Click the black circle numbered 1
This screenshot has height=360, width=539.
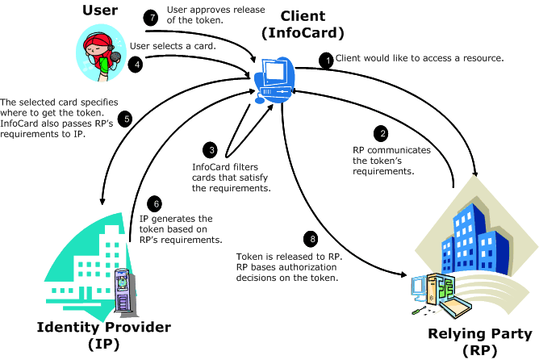(x=327, y=60)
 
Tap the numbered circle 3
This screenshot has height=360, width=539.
(x=211, y=150)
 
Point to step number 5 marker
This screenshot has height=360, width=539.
(x=125, y=118)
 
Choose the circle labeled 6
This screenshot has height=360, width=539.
(x=157, y=205)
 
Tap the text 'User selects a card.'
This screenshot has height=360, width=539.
(x=172, y=47)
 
